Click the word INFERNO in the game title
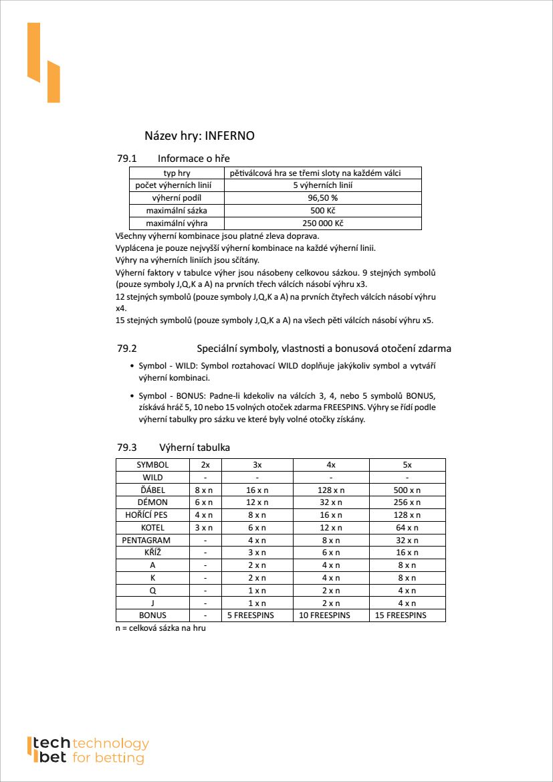(229, 136)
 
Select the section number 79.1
(126, 159)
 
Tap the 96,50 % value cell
(322, 198)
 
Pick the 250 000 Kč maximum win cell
(322, 223)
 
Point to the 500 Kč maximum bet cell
(322, 211)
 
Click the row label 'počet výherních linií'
(177, 185)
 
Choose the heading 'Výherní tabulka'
(194, 448)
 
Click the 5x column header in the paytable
(407, 465)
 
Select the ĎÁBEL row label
(152, 490)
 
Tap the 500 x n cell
(407, 490)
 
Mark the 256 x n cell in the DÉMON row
(407, 502)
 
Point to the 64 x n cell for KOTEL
(407, 528)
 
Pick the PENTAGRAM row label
(146, 540)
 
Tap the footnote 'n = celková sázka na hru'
(160, 629)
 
